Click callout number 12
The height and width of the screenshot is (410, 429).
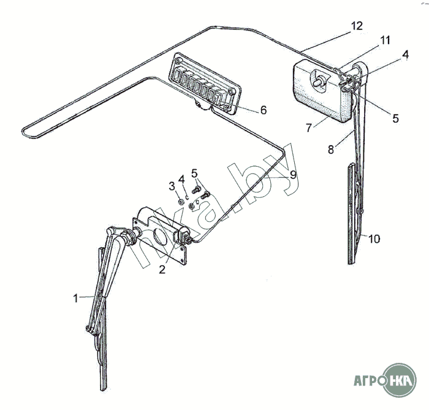[357, 26]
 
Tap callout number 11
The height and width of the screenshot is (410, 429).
[385, 40]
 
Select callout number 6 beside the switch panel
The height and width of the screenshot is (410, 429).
[263, 110]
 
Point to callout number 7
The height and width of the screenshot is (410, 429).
[309, 127]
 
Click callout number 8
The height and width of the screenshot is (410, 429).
[331, 150]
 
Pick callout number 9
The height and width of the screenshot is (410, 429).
[293, 175]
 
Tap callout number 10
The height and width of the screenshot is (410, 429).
[374, 239]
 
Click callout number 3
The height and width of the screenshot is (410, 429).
[172, 186]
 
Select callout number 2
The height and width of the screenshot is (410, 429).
[162, 270]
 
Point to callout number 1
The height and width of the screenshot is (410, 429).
[75, 298]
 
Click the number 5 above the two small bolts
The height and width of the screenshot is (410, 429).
[194, 173]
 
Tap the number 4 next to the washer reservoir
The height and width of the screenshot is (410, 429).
[405, 54]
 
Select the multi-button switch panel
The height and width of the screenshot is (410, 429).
[205, 83]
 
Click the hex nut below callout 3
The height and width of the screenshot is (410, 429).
[181, 202]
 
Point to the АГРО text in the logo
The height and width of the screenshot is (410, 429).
[368, 381]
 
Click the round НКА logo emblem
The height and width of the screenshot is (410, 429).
[400, 380]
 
